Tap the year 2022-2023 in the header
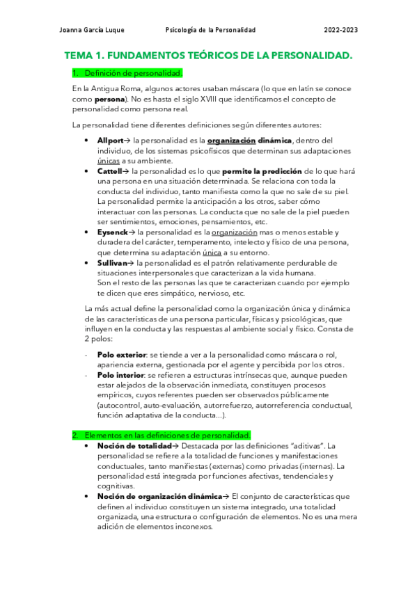[x=341, y=30]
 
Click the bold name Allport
[x=110, y=141]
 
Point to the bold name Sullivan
[x=113, y=262]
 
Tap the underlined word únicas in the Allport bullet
[x=109, y=161]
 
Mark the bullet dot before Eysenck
[x=86, y=232]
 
